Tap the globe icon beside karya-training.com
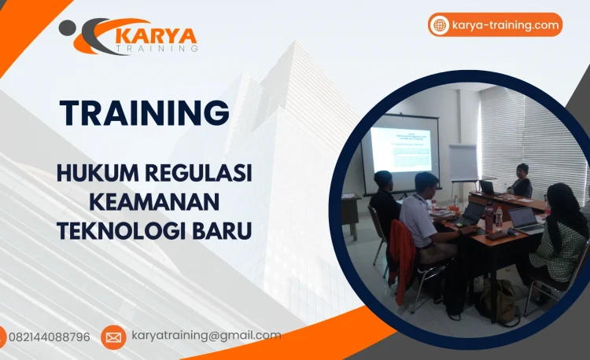(x=440, y=25)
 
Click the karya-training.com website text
(x=505, y=25)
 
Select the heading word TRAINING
(x=145, y=112)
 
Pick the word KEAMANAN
(x=154, y=203)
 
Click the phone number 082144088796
(x=49, y=337)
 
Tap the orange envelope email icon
(x=113, y=337)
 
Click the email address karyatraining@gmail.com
(x=206, y=336)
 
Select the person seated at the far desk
(x=521, y=182)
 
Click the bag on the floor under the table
(x=496, y=299)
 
